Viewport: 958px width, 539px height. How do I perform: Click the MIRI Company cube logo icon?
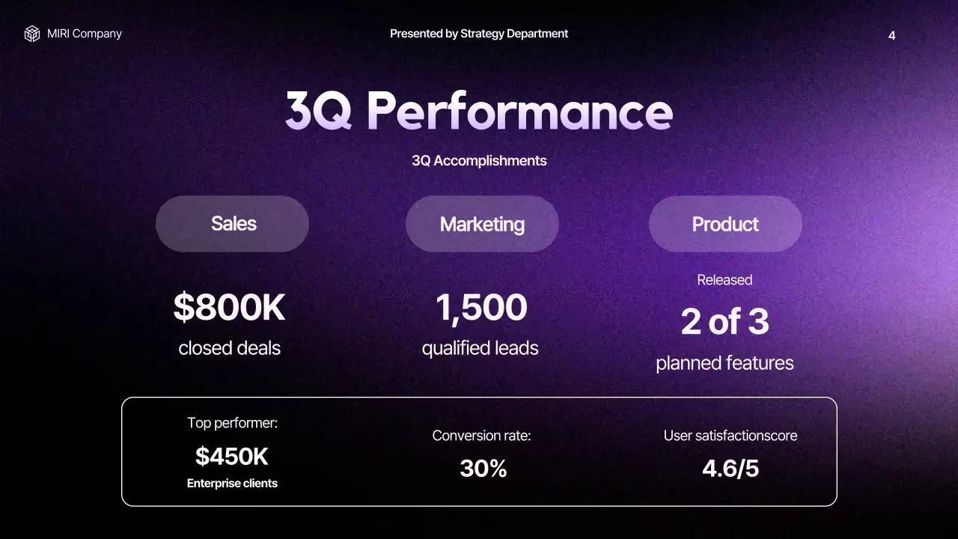click(x=31, y=34)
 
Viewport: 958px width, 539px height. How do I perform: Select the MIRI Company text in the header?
click(x=85, y=34)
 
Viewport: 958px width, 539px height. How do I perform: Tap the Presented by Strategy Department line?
click(x=479, y=34)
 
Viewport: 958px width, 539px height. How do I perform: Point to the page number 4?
click(x=891, y=35)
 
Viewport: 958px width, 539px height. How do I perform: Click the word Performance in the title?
click(x=519, y=111)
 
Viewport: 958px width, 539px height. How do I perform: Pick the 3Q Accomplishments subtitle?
click(x=479, y=161)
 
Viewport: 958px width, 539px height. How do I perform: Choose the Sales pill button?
click(x=233, y=224)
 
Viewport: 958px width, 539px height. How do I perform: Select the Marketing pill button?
click(x=482, y=224)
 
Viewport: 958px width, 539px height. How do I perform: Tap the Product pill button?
click(x=725, y=224)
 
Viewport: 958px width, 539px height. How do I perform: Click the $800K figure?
click(x=229, y=308)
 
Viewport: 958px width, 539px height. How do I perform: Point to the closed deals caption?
click(x=229, y=348)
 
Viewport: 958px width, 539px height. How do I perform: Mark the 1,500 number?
click(x=481, y=308)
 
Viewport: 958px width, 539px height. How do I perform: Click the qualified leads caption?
click(x=480, y=348)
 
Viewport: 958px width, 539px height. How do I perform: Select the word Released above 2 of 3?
click(x=724, y=280)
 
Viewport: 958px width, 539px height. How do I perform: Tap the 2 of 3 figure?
click(x=724, y=322)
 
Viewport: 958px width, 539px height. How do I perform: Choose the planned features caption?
click(x=724, y=363)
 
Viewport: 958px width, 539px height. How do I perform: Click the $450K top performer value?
click(x=232, y=455)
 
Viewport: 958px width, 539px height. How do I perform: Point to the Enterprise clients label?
click(x=232, y=484)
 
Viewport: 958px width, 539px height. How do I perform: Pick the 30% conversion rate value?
click(x=483, y=469)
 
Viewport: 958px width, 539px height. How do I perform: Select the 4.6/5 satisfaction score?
click(x=730, y=469)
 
